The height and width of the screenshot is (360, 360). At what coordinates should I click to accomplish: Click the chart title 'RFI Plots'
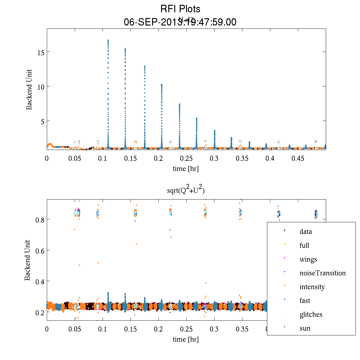180,9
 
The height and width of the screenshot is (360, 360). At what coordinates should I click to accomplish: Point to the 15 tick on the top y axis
41,52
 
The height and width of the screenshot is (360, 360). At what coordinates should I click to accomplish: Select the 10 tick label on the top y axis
41,87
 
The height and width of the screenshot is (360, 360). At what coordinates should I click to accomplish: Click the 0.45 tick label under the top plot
298,158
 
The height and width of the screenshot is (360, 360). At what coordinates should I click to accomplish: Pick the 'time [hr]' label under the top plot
185,169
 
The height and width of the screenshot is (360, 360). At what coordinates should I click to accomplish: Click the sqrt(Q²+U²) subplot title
186,190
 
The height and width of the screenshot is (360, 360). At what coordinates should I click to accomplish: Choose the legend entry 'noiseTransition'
322,273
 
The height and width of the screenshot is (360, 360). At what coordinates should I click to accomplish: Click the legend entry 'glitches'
311,314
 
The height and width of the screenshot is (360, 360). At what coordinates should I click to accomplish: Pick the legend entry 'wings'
308,259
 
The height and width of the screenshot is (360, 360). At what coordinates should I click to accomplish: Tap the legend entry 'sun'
305,328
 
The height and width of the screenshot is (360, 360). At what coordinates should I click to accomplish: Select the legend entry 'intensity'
312,287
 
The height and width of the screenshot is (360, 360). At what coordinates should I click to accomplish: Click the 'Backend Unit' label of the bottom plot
28,260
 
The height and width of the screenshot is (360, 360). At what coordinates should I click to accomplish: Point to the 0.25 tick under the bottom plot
186,329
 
